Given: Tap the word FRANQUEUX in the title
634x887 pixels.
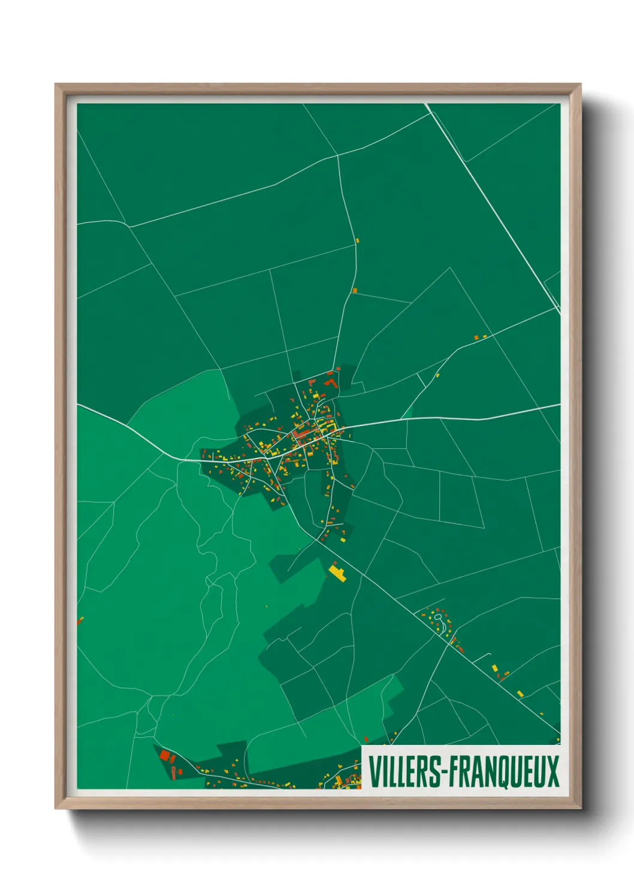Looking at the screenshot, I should click(x=504, y=772).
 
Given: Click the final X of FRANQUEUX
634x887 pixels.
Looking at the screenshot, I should click(x=553, y=772).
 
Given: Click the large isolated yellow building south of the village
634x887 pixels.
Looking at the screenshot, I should click(x=337, y=572).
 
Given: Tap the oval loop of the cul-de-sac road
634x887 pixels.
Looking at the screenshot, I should click(x=438, y=617).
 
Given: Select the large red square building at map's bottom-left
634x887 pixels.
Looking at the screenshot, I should click(x=164, y=756).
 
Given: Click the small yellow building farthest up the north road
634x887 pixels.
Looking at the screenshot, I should click(x=357, y=240).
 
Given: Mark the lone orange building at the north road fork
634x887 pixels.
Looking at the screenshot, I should click(x=355, y=291).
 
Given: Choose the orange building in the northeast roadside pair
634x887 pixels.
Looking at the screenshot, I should click(x=477, y=338).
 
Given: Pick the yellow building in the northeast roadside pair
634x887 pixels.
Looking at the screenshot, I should click(x=484, y=337).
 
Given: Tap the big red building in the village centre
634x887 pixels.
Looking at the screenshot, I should click(x=303, y=433).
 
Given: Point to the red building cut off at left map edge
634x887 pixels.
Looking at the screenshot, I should click(x=79, y=621).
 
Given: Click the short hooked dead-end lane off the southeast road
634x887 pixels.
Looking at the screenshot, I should click(x=483, y=656).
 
